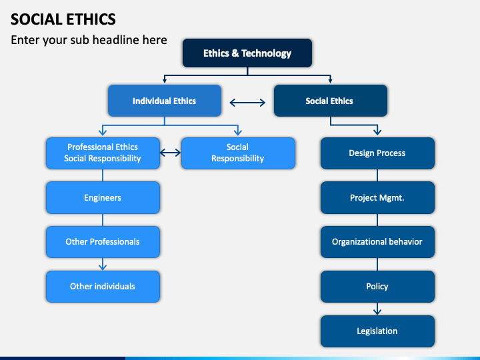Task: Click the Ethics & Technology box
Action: click(x=247, y=53)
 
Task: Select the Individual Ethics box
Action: click(x=165, y=101)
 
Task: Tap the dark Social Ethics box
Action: click(x=331, y=101)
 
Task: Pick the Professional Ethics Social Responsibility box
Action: click(x=103, y=153)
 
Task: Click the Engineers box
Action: click(x=103, y=197)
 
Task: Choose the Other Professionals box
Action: click(x=103, y=242)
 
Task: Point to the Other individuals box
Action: click(x=103, y=287)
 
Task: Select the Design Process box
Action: click(x=377, y=153)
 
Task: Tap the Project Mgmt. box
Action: click(x=377, y=197)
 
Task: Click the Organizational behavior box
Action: click(x=377, y=242)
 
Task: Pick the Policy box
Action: click(x=377, y=287)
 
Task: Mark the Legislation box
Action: click(x=377, y=331)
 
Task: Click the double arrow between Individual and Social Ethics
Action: click(x=247, y=103)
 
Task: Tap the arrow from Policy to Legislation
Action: click(x=377, y=309)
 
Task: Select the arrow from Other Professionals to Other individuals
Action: click(x=103, y=264)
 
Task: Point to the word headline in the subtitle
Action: click(x=116, y=40)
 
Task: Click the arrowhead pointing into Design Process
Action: click(x=377, y=131)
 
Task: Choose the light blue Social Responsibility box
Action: click(x=238, y=153)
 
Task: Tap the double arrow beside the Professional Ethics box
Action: click(x=171, y=152)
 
